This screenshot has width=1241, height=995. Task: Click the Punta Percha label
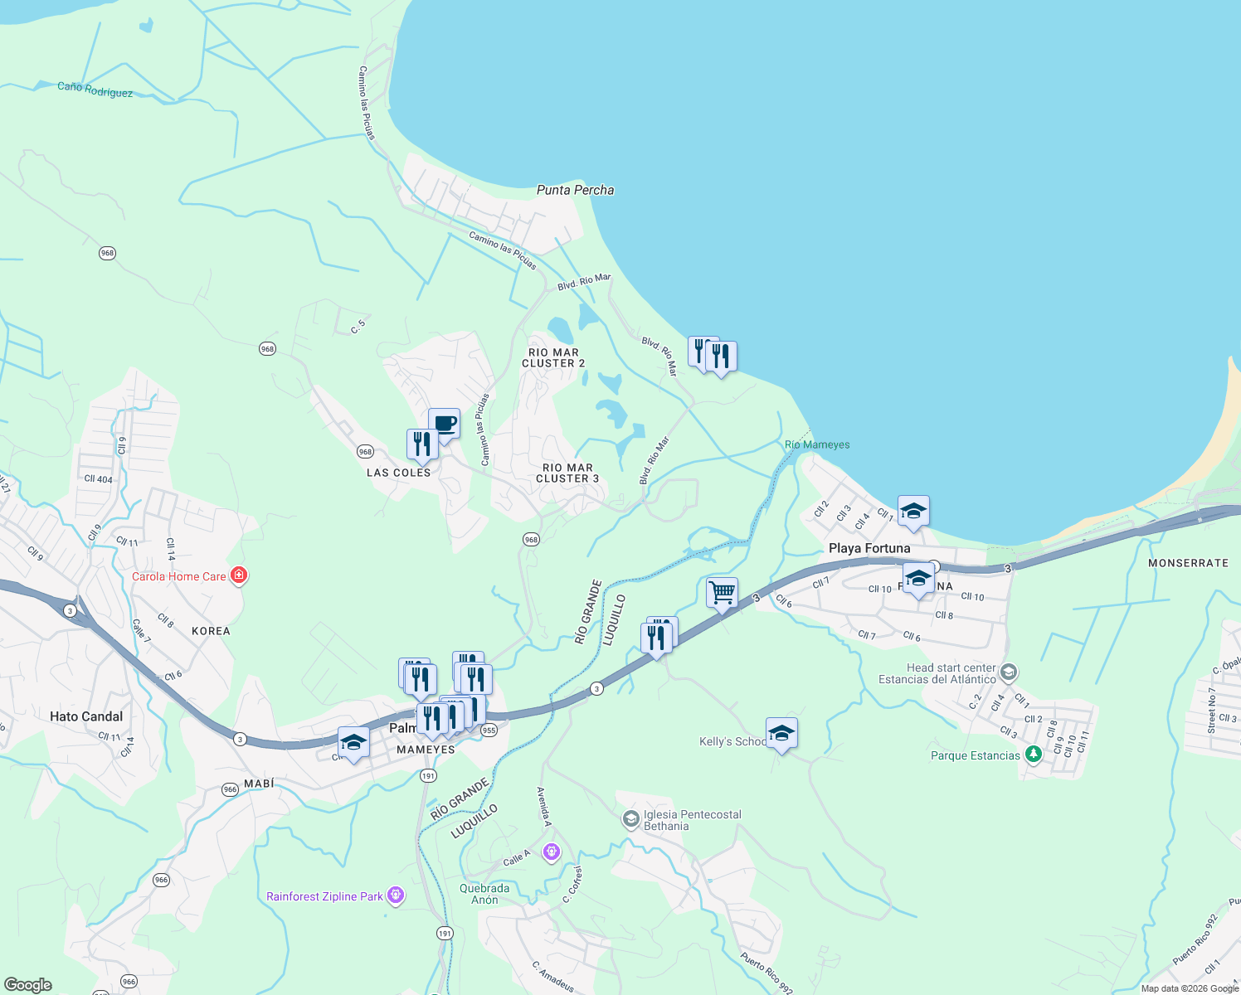pos(575,190)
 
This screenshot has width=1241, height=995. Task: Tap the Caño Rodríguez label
pos(95,90)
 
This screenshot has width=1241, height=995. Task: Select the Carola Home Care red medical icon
pos(239,575)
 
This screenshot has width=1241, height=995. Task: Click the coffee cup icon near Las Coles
pos(445,424)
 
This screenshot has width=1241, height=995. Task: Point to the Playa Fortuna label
pos(869,548)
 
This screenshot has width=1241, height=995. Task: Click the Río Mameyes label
pos(817,444)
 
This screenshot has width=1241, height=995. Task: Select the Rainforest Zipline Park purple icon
pos(397,895)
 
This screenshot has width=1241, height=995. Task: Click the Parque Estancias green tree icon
pos(1033,755)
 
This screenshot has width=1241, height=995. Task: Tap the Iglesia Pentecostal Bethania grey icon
pos(630,819)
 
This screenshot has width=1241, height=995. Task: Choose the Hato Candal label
pos(86,716)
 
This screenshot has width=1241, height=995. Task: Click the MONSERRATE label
pos(1188,563)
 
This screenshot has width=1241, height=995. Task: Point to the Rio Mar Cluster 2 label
pos(553,357)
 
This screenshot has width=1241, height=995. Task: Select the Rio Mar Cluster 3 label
pos(567,473)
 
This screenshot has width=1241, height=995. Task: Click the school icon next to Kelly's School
pos(781,733)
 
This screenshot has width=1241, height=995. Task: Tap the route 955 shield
pos(489,730)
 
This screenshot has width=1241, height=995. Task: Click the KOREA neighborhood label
pos(211,631)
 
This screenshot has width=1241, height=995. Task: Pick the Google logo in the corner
pos(27,985)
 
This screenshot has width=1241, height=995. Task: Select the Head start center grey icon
pos(1009,672)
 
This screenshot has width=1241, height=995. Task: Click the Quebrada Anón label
pos(484,894)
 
